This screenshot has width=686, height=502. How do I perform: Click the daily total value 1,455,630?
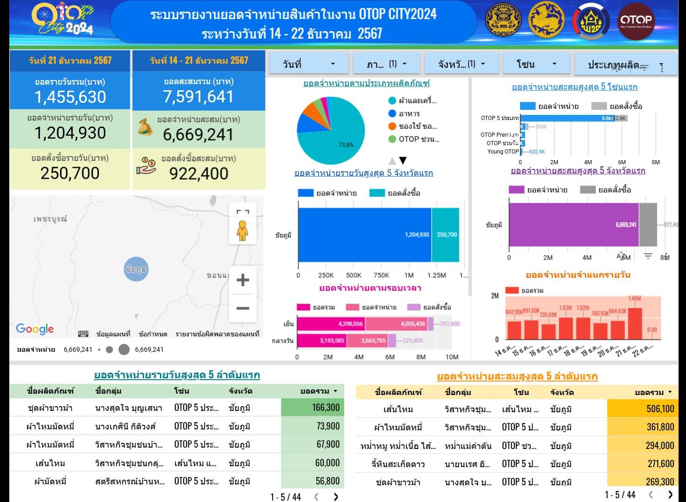70,97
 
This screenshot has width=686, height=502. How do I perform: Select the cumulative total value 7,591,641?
198,96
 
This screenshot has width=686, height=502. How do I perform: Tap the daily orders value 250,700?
70,173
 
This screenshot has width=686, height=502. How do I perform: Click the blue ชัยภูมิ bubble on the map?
136,269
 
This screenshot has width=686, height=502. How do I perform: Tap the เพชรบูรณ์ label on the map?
50,219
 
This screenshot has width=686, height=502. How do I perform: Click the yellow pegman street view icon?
242,230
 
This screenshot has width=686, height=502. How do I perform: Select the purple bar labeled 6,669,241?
573,225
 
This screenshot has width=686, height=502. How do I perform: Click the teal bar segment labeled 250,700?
446,235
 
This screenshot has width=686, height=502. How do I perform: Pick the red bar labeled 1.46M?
634,323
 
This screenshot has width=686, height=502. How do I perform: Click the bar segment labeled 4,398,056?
331,324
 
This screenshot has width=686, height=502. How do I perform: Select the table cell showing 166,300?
312,408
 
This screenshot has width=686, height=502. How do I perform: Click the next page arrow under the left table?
336,497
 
